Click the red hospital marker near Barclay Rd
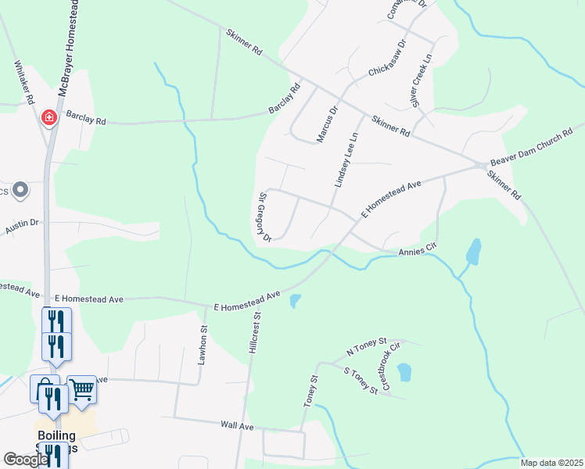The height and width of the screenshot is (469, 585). coord(48,117)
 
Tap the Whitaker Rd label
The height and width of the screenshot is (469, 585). coord(24,83)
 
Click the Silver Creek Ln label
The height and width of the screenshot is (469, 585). coord(416,82)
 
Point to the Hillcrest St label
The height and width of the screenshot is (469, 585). coord(255,335)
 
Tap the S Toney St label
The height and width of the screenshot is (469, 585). coord(361,380)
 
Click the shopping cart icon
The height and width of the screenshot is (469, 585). coord(81,390)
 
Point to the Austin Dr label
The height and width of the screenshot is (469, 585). coord(22,226)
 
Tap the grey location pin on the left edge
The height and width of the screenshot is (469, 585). coord(20,190)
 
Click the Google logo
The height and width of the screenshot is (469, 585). coord(26,460)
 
